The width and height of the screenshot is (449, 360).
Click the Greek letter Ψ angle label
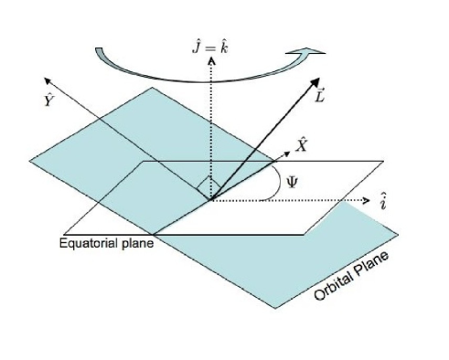tap(293, 180)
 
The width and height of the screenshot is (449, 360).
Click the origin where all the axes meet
tap(212, 198)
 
